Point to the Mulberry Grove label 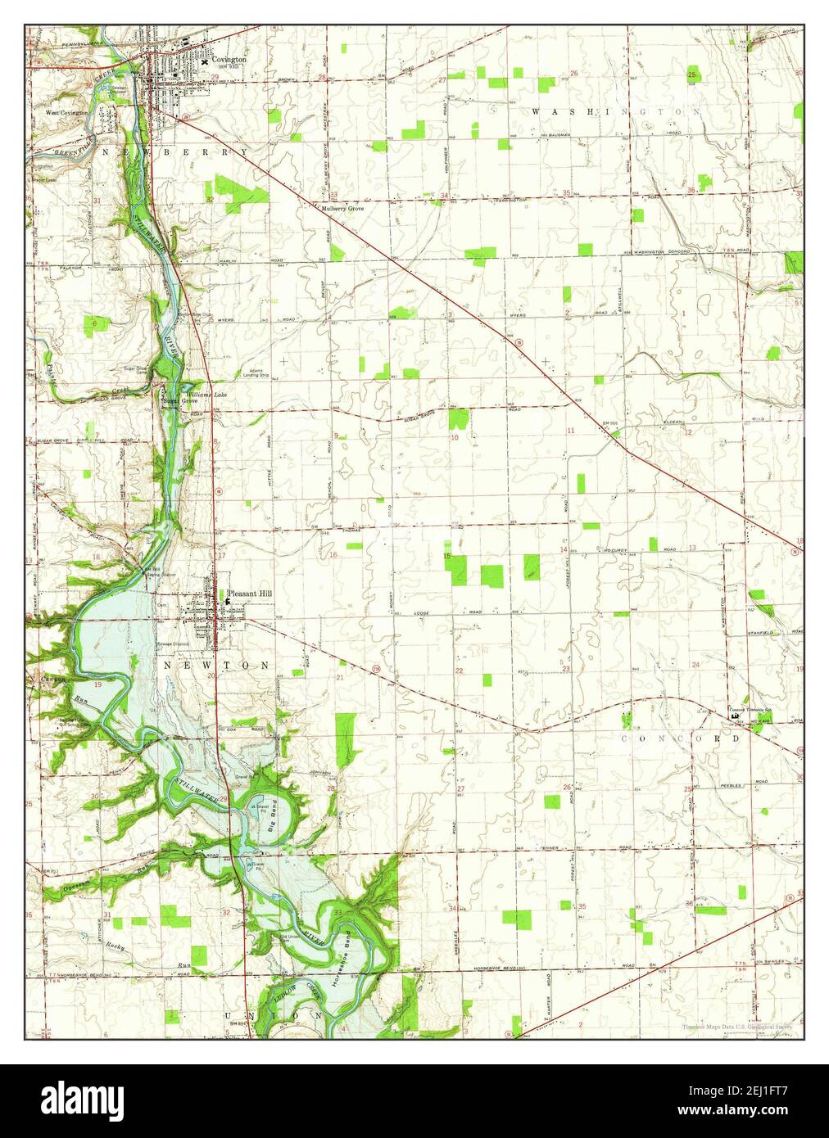coord(342,209)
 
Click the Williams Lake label coord(206,395)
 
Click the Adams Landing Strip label coord(253,373)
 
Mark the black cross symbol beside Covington coord(204,61)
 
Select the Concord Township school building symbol coord(735,716)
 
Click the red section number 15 coord(447,557)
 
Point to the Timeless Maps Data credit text coord(738,1027)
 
